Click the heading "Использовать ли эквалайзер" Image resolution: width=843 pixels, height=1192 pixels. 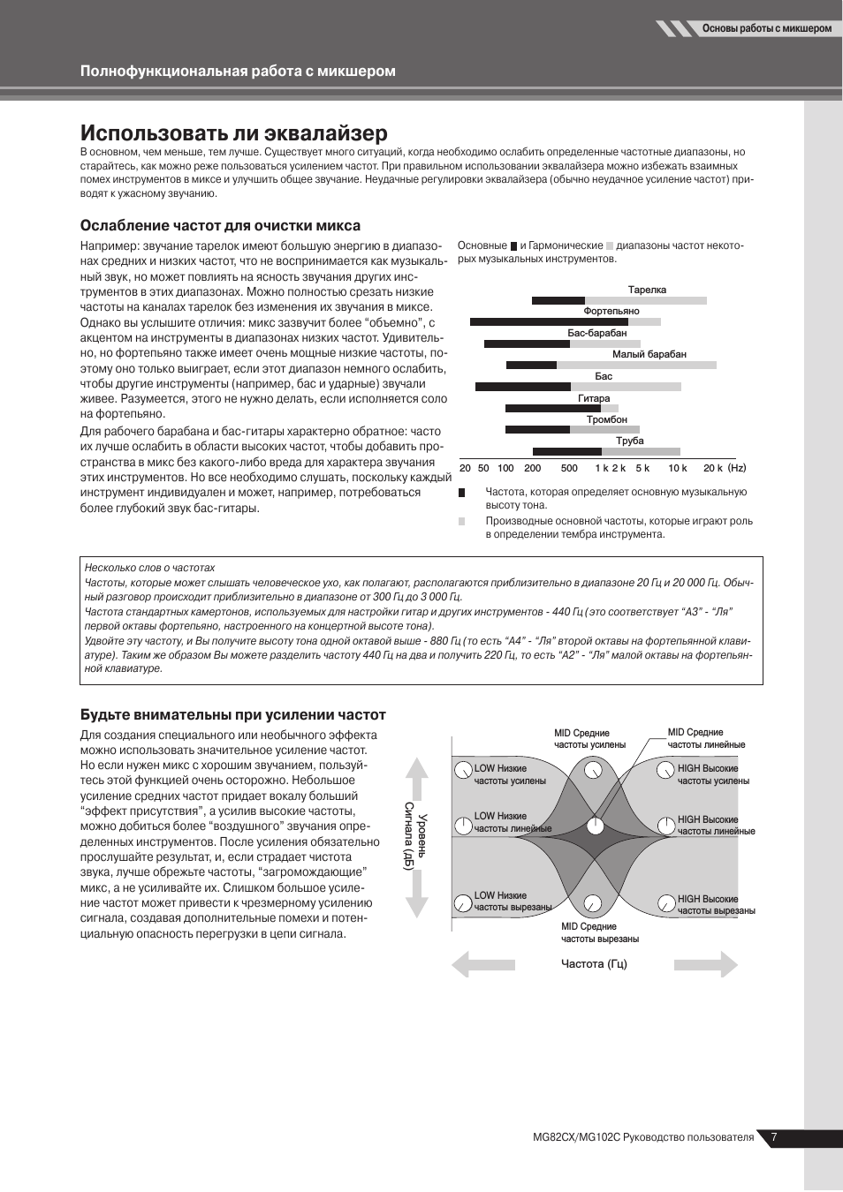coord(233,133)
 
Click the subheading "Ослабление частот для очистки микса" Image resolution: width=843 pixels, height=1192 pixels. coord(220,225)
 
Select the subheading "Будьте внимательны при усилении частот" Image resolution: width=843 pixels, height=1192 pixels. coord(232,714)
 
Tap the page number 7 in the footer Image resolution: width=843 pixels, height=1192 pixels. coord(774,1137)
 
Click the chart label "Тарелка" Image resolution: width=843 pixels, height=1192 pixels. coord(647,290)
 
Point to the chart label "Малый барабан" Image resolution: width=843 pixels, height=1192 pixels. coord(649,354)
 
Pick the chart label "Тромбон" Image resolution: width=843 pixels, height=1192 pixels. coord(606,419)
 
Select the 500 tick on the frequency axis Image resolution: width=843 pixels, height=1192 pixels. coord(569,468)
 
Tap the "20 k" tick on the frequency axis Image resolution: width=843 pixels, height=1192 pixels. coord(712,468)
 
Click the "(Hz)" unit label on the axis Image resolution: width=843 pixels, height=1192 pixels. coord(737,468)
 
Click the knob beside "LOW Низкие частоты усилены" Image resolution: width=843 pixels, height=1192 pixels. coord(463,770)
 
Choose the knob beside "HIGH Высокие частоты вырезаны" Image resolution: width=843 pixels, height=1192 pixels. coord(666,903)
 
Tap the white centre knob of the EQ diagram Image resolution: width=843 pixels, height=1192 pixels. coord(596,826)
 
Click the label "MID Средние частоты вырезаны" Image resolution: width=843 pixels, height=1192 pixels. coord(599,932)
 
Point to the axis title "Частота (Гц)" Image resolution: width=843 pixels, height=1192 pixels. coord(594,963)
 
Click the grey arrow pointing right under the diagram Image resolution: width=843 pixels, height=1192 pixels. coord(706,964)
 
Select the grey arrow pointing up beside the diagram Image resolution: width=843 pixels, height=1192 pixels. coord(417,778)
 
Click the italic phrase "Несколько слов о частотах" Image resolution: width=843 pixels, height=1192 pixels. coord(149,568)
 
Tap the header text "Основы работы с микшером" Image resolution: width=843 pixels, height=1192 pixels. coord(766,28)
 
